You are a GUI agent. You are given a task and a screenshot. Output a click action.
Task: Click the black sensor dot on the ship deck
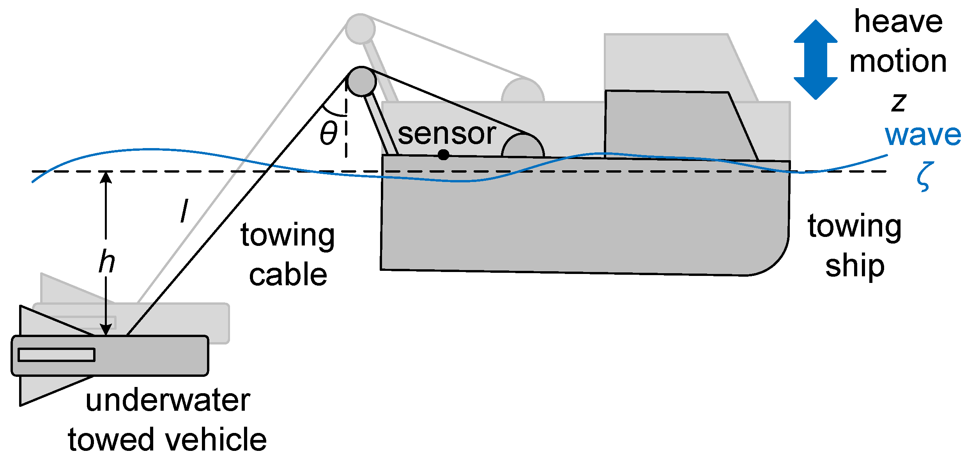[x=443, y=155]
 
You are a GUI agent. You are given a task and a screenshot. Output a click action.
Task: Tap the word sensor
[x=447, y=134]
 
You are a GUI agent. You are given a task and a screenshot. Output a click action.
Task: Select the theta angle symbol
[x=328, y=133]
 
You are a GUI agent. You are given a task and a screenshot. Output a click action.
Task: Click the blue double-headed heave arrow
[x=816, y=60]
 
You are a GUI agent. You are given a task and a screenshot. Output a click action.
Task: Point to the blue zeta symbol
[x=925, y=177]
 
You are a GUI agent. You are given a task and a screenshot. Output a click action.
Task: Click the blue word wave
[x=923, y=135]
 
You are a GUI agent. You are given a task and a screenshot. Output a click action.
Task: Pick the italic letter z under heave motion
[x=899, y=102]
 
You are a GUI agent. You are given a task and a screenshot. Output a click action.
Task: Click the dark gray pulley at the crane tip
[x=362, y=81]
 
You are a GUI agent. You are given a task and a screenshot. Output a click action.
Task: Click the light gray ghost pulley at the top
[x=360, y=29]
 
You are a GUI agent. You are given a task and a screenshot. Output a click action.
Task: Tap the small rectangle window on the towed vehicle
[x=57, y=355]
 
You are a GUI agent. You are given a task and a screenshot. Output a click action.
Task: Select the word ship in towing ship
[x=854, y=267]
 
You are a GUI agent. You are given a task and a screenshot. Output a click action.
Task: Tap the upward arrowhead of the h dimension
[x=106, y=177]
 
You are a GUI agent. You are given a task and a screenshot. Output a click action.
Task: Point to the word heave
[x=898, y=22]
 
